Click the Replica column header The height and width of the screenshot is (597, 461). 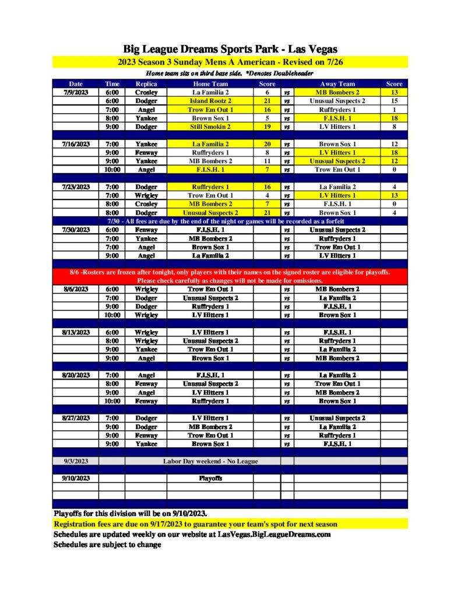coord(146,84)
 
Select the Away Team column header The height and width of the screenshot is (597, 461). coord(337,84)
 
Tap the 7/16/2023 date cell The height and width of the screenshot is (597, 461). coord(76,144)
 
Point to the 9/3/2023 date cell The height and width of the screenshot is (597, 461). coord(76,461)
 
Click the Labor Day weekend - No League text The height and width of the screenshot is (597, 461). coord(210,461)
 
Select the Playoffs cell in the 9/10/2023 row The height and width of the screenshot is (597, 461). coord(210,479)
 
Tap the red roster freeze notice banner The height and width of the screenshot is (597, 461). coord(230,276)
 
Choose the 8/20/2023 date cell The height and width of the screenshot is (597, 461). coord(76,375)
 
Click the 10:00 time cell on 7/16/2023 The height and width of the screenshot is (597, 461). coord(112,170)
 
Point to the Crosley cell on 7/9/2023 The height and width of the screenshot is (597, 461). coord(146,92)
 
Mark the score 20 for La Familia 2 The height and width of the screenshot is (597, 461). coord(267,144)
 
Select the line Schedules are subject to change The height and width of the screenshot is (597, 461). coord(107,545)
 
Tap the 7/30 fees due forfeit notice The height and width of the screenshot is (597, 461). coord(230,222)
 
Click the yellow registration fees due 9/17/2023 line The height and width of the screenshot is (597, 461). coord(195,524)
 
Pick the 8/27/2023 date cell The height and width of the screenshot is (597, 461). coord(76,418)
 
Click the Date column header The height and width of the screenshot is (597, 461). coord(76,84)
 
